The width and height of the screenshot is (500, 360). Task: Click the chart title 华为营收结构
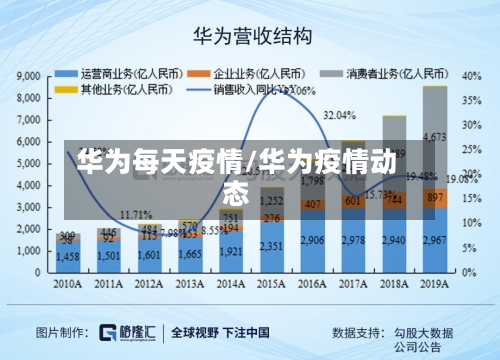tap(251, 36)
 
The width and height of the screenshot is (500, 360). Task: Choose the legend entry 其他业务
tap(100, 88)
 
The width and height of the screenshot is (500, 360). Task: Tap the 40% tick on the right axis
tap(471, 76)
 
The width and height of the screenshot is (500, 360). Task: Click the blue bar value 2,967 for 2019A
tap(435, 241)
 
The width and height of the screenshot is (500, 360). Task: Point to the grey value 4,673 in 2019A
tap(435, 137)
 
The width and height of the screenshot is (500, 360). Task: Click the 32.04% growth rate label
tap(340, 116)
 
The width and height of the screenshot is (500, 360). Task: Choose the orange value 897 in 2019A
tap(435, 198)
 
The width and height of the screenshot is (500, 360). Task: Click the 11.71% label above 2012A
tap(136, 215)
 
